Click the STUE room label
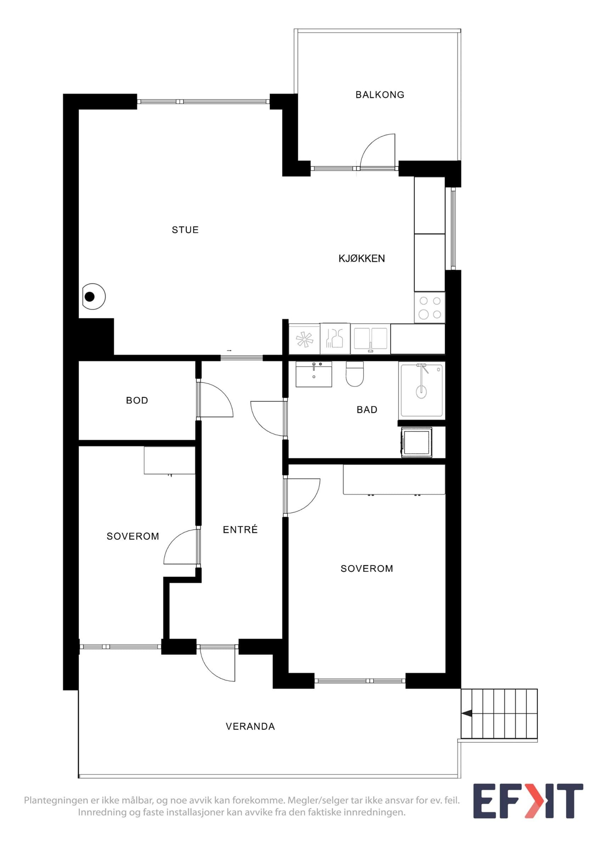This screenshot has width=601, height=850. point(185,230)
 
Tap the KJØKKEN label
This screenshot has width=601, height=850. point(362,259)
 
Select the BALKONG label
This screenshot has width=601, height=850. point(380,95)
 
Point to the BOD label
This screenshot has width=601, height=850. point(137,400)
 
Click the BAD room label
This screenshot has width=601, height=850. point(367,409)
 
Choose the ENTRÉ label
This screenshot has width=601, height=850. point(240,529)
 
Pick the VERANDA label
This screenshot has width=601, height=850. point(250,726)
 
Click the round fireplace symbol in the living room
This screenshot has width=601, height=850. point(94,296)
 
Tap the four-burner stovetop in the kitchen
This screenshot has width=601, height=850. point(429,308)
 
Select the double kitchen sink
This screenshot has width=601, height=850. point(370,339)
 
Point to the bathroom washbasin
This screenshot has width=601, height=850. point(314,374)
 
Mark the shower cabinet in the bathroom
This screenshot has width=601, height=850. point(422,390)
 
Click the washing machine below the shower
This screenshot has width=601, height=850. point(417,442)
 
